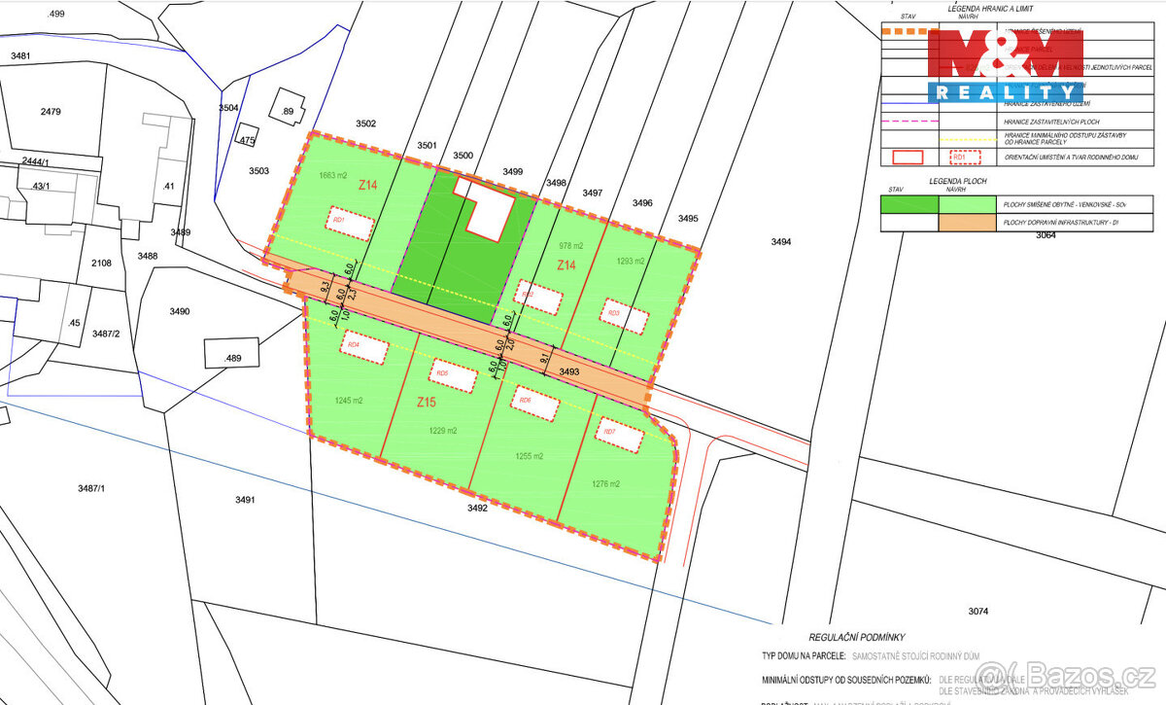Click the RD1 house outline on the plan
350,223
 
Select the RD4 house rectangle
362,344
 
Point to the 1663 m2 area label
334,176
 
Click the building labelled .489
231,353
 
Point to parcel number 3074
977,611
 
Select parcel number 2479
51,112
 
